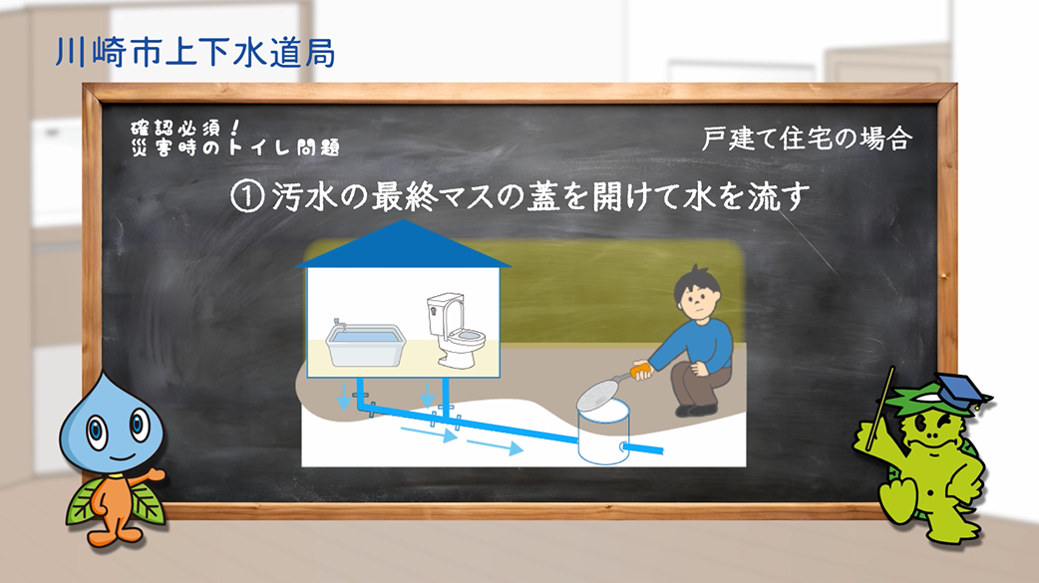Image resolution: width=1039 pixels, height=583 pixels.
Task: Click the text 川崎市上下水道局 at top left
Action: pos(195,53)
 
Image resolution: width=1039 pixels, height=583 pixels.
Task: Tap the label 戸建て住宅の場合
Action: pos(807,140)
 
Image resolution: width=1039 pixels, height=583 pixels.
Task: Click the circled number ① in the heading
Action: pos(248,196)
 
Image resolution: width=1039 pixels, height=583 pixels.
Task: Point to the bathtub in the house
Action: pos(365,344)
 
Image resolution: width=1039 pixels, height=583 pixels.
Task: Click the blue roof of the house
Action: pos(403,244)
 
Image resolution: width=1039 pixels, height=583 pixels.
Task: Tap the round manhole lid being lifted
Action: pos(599,399)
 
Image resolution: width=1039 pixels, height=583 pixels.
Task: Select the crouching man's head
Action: pos(696,292)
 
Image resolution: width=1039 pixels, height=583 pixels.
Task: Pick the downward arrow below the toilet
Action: pos(428,395)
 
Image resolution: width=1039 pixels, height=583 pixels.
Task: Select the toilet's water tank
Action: pos(442,315)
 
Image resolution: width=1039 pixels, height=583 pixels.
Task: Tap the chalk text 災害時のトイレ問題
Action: pos(235,147)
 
